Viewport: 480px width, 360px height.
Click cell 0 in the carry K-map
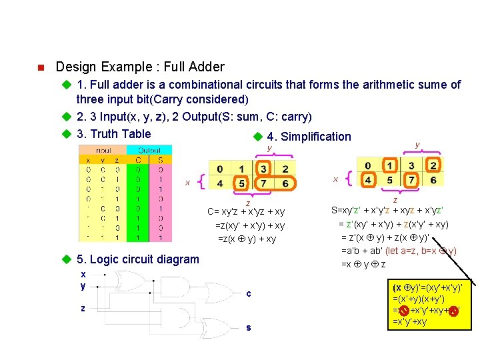click(221, 169)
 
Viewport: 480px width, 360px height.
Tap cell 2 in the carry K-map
click(285, 169)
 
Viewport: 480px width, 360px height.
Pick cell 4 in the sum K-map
click(368, 180)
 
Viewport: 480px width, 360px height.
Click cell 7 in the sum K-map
click(411, 180)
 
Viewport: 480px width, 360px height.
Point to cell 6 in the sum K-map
click(433, 180)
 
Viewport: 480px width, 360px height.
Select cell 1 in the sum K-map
click(390, 165)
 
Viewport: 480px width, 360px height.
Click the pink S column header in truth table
click(160, 159)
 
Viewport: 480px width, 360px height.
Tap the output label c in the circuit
click(249, 293)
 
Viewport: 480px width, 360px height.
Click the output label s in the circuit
click(249, 327)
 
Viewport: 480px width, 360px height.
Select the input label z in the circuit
click(83, 308)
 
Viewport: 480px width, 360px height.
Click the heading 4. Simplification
click(308, 137)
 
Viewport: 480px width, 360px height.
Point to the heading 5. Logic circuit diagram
click(137, 259)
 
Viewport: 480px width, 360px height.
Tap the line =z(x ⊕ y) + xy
click(246, 239)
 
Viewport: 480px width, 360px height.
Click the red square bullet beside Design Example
click(40, 67)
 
